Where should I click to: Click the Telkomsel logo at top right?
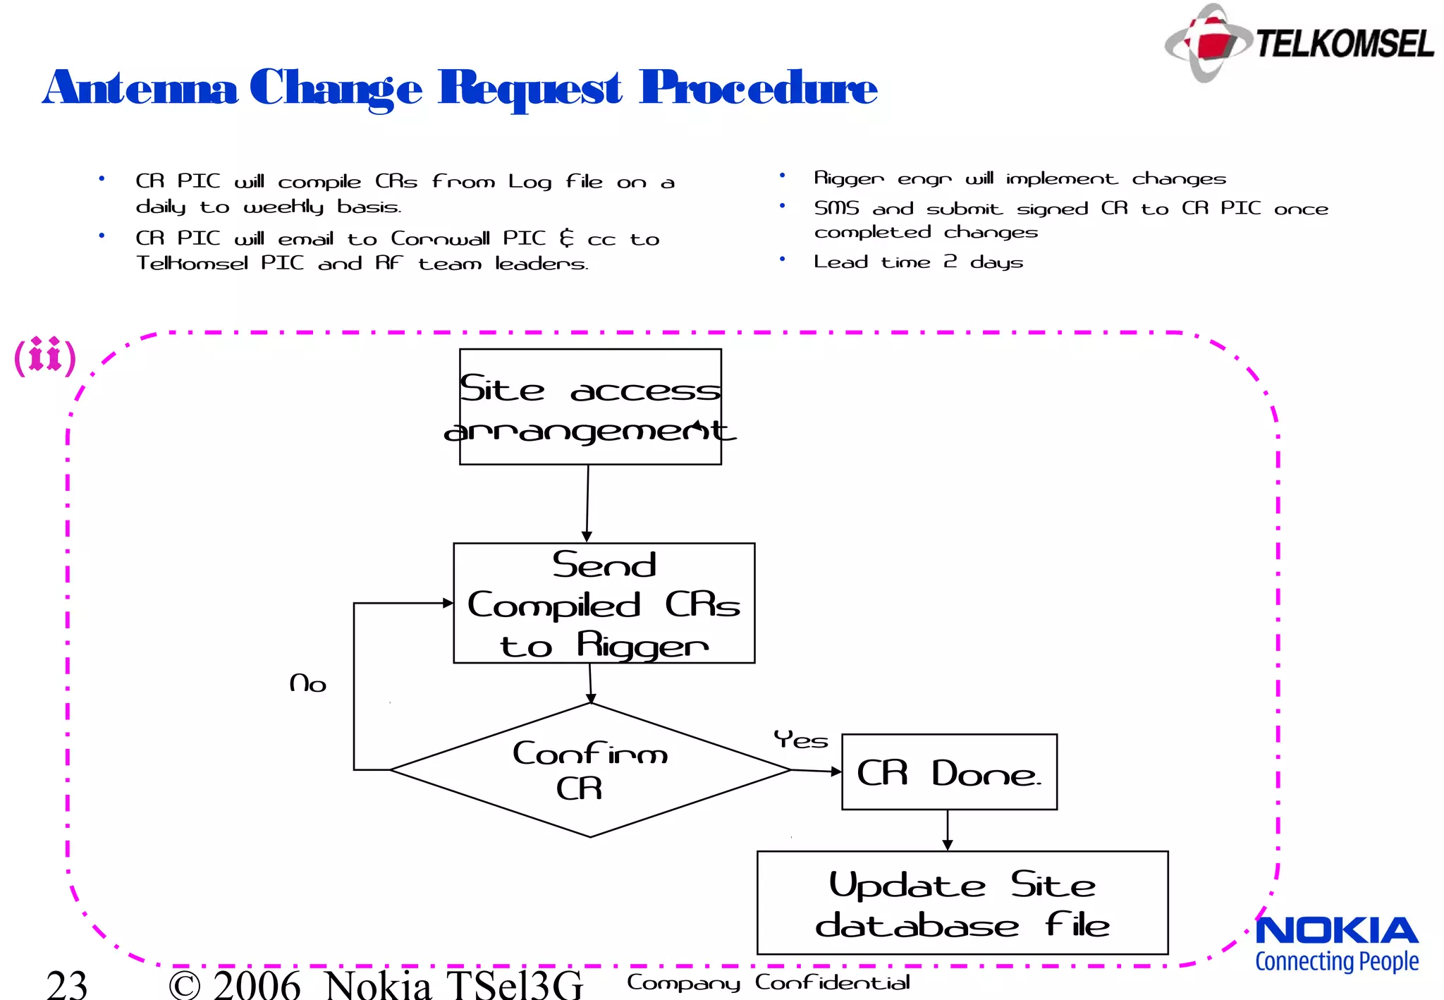[1299, 42]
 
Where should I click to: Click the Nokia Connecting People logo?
[1337, 944]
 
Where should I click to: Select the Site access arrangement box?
[590, 407]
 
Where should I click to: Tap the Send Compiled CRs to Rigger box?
[604, 603]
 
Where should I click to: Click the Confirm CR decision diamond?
[590, 770]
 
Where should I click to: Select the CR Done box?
[949, 772]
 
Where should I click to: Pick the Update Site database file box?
[962, 903]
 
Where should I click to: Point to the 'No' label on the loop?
[308, 683]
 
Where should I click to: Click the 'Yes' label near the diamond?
[800, 740]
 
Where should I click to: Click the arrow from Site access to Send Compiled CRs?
[587, 504]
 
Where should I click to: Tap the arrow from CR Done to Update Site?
[948, 831]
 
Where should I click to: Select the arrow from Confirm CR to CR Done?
[816, 771]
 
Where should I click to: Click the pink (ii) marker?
[45, 356]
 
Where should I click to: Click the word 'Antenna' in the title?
[140, 88]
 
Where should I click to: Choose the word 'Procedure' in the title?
[758, 88]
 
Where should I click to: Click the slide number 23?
[67, 984]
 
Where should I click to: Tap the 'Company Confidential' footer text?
[768, 982]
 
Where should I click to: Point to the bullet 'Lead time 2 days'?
[918, 262]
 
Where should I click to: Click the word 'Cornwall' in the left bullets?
[440, 239]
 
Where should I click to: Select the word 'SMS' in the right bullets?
[836, 209]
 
